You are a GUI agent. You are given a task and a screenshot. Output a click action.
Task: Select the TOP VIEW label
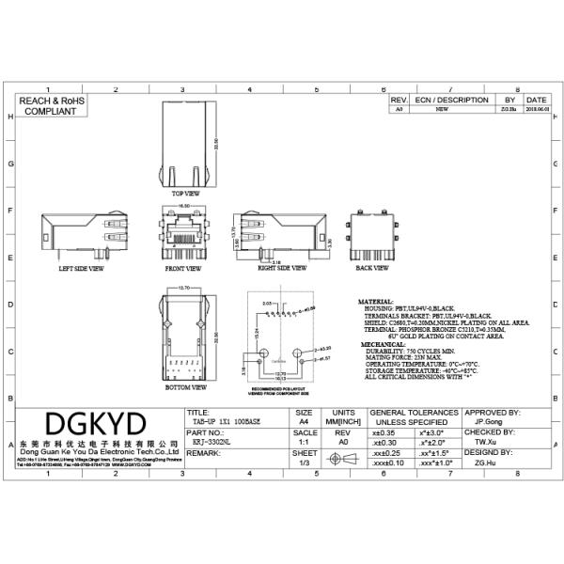pyautogui.click(x=186, y=193)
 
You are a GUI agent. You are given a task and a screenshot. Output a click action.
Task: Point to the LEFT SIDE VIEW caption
pyautogui.click(x=82, y=267)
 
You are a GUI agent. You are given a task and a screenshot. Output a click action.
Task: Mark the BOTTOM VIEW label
pyautogui.click(x=184, y=386)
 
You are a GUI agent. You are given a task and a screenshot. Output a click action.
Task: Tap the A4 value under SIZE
pyautogui.click(x=304, y=422)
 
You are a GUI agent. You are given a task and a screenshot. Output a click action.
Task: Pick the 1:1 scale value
pyautogui.click(x=304, y=440)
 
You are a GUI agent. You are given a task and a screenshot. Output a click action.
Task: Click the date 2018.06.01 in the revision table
pyautogui.click(x=537, y=109)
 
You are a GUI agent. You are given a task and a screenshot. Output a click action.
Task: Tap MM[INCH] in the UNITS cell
pyautogui.click(x=343, y=422)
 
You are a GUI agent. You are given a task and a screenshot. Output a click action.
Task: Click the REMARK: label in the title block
pyautogui.click(x=204, y=453)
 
